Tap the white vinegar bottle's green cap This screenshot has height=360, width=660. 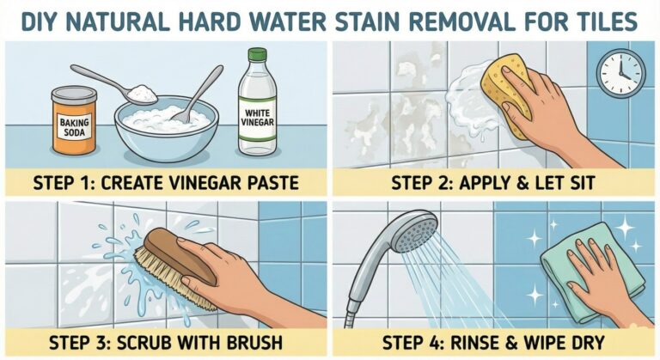click(x=260, y=57)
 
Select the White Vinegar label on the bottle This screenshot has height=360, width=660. click(x=260, y=119)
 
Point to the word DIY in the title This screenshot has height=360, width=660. click(x=41, y=19)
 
